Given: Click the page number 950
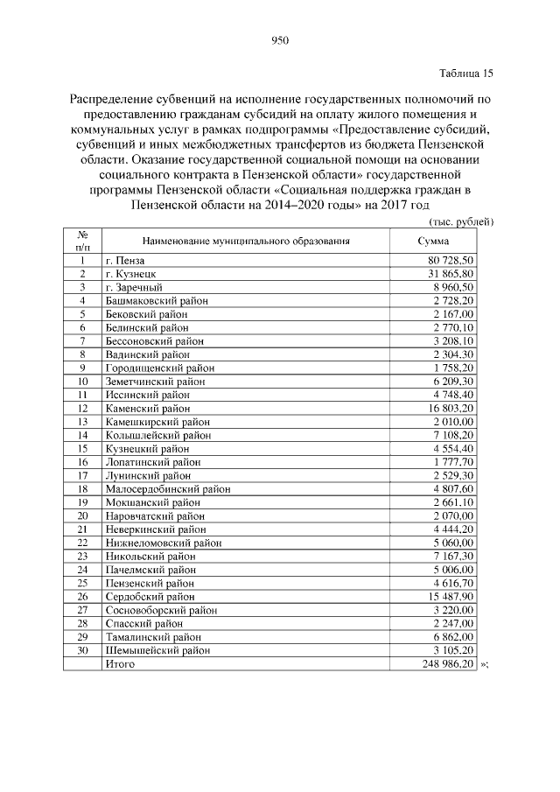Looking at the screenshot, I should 280,39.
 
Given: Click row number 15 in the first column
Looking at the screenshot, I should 81,448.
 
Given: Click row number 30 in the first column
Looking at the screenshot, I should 81,651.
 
